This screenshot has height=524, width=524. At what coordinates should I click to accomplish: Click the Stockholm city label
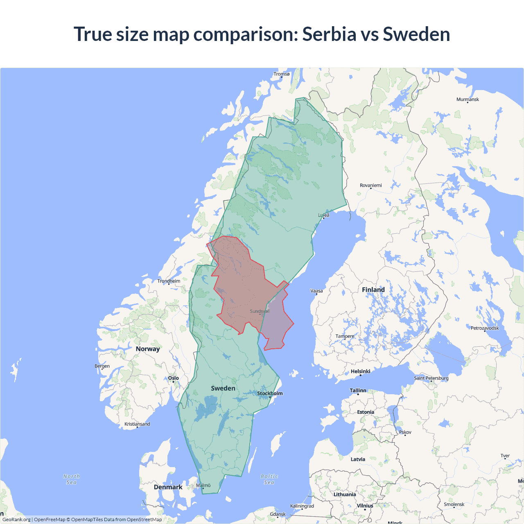(x=270, y=393)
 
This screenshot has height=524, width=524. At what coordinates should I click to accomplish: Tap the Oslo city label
(x=174, y=378)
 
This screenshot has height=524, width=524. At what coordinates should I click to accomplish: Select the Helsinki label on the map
(x=360, y=371)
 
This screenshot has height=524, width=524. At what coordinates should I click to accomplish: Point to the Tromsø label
(x=281, y=74)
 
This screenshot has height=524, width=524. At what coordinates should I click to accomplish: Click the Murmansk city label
(x=468, y=99)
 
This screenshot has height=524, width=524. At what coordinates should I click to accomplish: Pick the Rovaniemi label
(x=370, y=185)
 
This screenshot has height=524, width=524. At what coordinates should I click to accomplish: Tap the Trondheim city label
(x=169, y=281)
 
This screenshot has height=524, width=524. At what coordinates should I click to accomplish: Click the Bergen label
(x=102, y=366)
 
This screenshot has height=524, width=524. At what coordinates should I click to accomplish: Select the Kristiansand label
(x=137, y=424)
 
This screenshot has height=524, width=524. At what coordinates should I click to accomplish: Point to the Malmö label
(x=203, y=486)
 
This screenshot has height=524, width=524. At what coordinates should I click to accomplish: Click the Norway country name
(x=148, y=349)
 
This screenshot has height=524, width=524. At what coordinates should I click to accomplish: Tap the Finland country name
(x=373, y=290)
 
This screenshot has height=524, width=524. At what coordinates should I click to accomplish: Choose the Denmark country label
(x=168, y=487)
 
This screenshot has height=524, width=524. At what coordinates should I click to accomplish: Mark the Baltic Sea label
(x=269, y=479)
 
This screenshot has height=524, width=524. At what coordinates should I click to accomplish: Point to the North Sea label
(x=72, y=479)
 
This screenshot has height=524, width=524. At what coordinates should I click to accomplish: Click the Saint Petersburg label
(x=431, y=378)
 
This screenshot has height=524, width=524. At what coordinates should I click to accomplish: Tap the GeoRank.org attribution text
(x=16, y=519)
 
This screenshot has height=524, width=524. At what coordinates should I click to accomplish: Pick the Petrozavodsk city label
(x=485, y=328)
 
